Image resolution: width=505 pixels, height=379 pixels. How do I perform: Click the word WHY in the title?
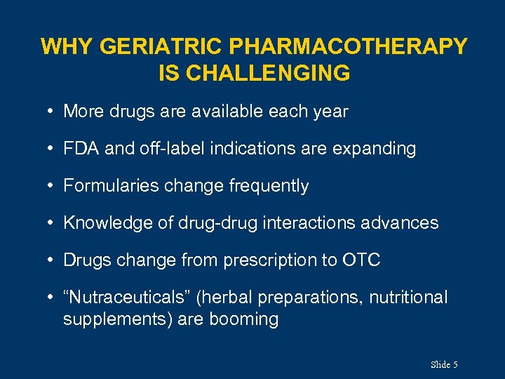pyautogui.click(x=67, y=47)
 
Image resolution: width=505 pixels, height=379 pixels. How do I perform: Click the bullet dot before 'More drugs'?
pyautogui.click(x=52, y=112)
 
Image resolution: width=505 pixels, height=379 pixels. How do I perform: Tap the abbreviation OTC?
pyautogui.click(x=361, y=260)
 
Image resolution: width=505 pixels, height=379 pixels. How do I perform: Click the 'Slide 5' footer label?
pyautogui.click(x=444, y=364)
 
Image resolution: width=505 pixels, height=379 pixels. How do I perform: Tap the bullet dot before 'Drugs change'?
pyautogui.click(x=52, y=260)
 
